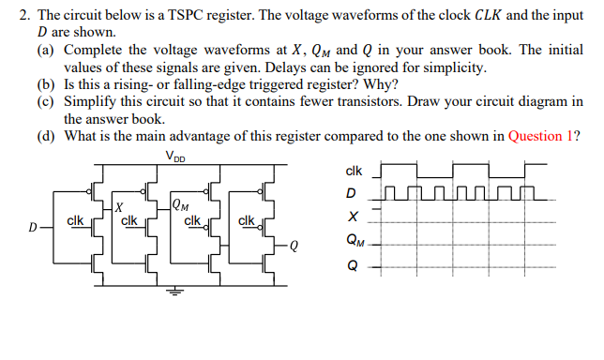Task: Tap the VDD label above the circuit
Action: [174, 156]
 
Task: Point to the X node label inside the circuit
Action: [119, 205]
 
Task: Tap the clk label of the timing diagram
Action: [353, 172]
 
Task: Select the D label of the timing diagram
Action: [352, 194]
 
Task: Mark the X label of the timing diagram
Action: [352, 217]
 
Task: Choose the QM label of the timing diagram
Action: [354, 241]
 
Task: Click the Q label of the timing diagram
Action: [352, 263]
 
